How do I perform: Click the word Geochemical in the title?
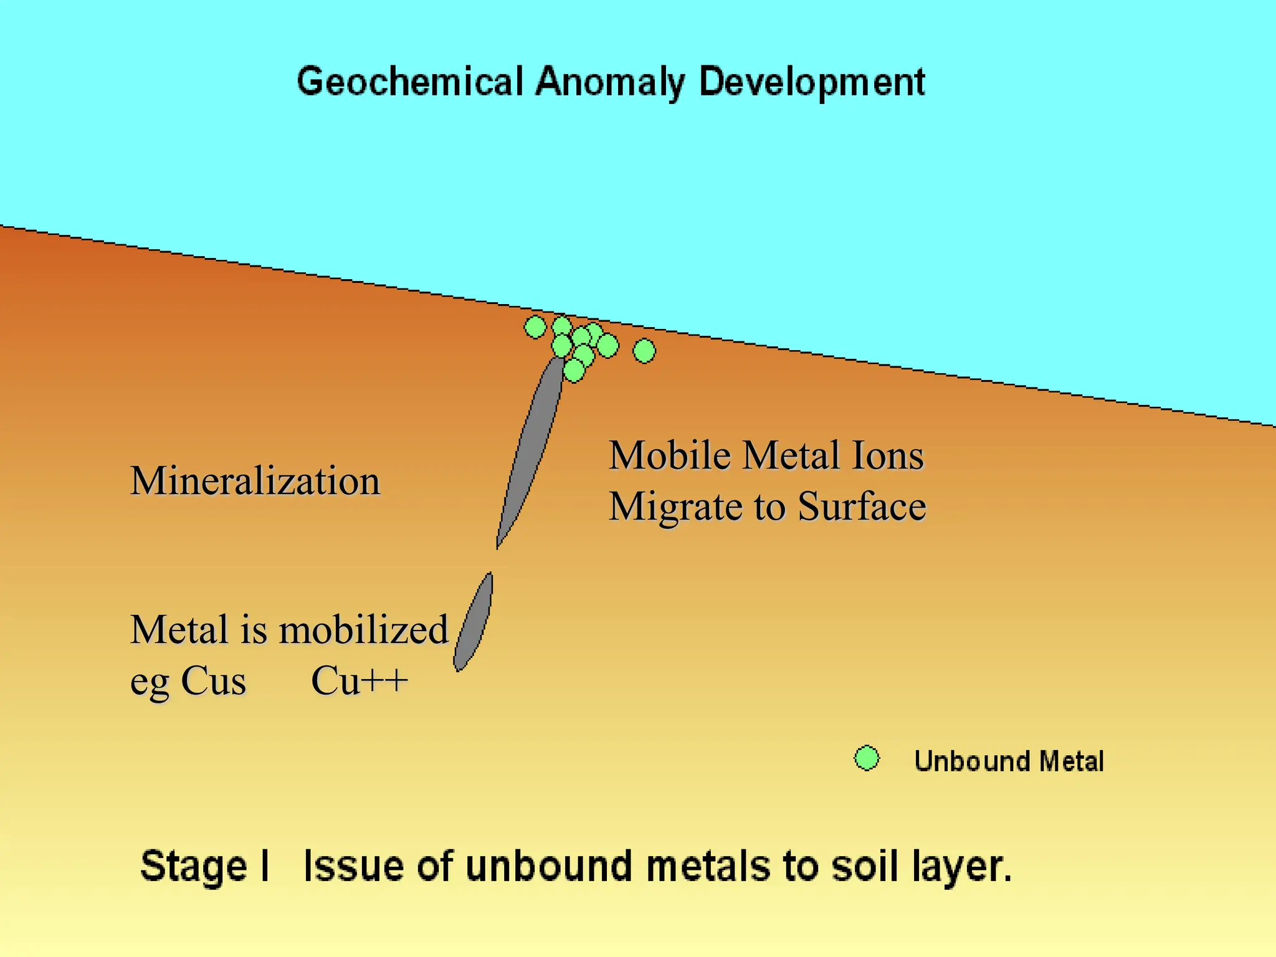point(409,82)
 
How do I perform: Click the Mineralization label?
point(255,481)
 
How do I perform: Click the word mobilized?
point(363,629)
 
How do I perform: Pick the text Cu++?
point(359,680)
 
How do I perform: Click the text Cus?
point(213,680)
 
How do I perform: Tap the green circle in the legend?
point(867,758)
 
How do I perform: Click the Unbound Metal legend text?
point(1009,761)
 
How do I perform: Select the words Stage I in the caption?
point(205,866)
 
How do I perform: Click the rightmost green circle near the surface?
point(644,351)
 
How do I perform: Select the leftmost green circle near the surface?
point(535,326)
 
